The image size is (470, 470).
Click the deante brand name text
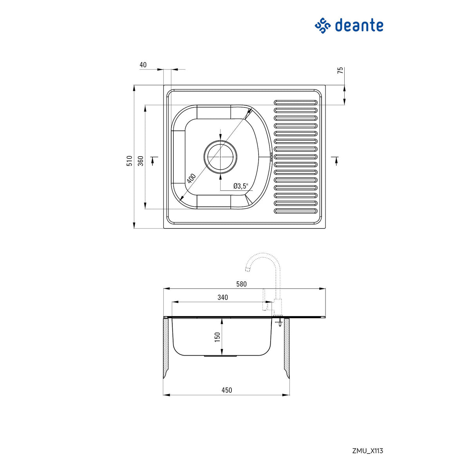[x=358, y=26]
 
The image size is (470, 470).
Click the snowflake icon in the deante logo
[x=323, y=26]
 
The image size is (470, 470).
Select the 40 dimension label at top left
[x=143, y=65]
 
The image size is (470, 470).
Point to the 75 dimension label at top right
[x=340, y=70]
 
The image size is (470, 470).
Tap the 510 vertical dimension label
[x=130, y=161]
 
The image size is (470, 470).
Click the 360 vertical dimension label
[x=141, y=161]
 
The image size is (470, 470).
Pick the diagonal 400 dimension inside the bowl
[x=191, y=179]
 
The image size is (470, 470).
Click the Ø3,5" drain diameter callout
[x=240, y=186]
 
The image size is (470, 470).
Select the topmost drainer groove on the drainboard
[x=296, y=102]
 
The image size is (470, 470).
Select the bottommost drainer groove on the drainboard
[x=296, y=211]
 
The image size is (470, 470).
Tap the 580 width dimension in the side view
[x=242, y=284]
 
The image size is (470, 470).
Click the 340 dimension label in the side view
[x=222, y=297]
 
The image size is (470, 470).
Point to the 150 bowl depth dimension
[x=217, y=336]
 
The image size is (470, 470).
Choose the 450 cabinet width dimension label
[x=226, y=390]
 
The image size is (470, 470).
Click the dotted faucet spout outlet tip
[x=248, y=269]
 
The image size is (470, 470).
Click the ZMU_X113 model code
[x=367, y=451]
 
